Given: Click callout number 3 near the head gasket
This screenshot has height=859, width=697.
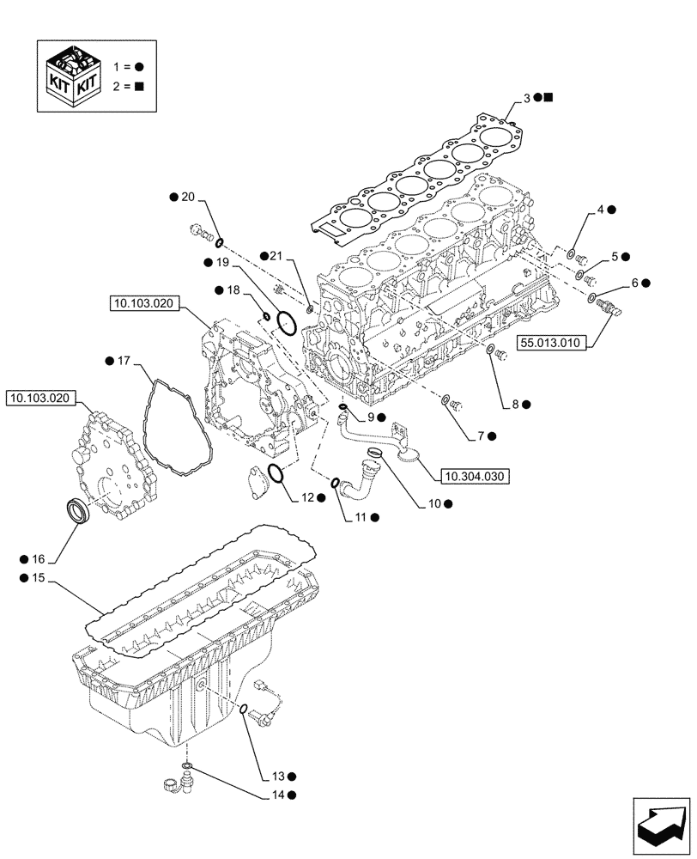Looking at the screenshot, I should tap(524, 98).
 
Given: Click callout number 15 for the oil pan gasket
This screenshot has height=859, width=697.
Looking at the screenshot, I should tap(37, 580).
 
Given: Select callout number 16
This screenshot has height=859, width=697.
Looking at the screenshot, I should tap(37, 559).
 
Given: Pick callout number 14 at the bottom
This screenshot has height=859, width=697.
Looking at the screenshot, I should tap(276, 795).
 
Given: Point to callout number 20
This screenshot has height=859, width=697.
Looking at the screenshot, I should tap(188, 198).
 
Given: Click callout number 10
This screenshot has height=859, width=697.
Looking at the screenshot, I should tap(434, 504).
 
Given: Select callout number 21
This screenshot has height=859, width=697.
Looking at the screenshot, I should tap(276, 256).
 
